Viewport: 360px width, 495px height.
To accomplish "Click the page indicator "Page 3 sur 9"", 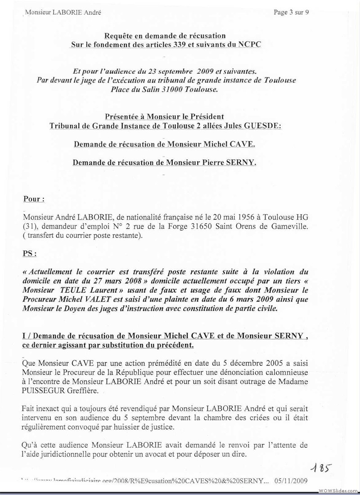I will pos(291,12).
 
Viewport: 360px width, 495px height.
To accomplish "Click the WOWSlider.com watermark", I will pos(337,490).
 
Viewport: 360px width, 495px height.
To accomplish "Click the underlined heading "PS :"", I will pos(30,253).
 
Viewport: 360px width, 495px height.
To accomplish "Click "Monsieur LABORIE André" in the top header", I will pos(63,13).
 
